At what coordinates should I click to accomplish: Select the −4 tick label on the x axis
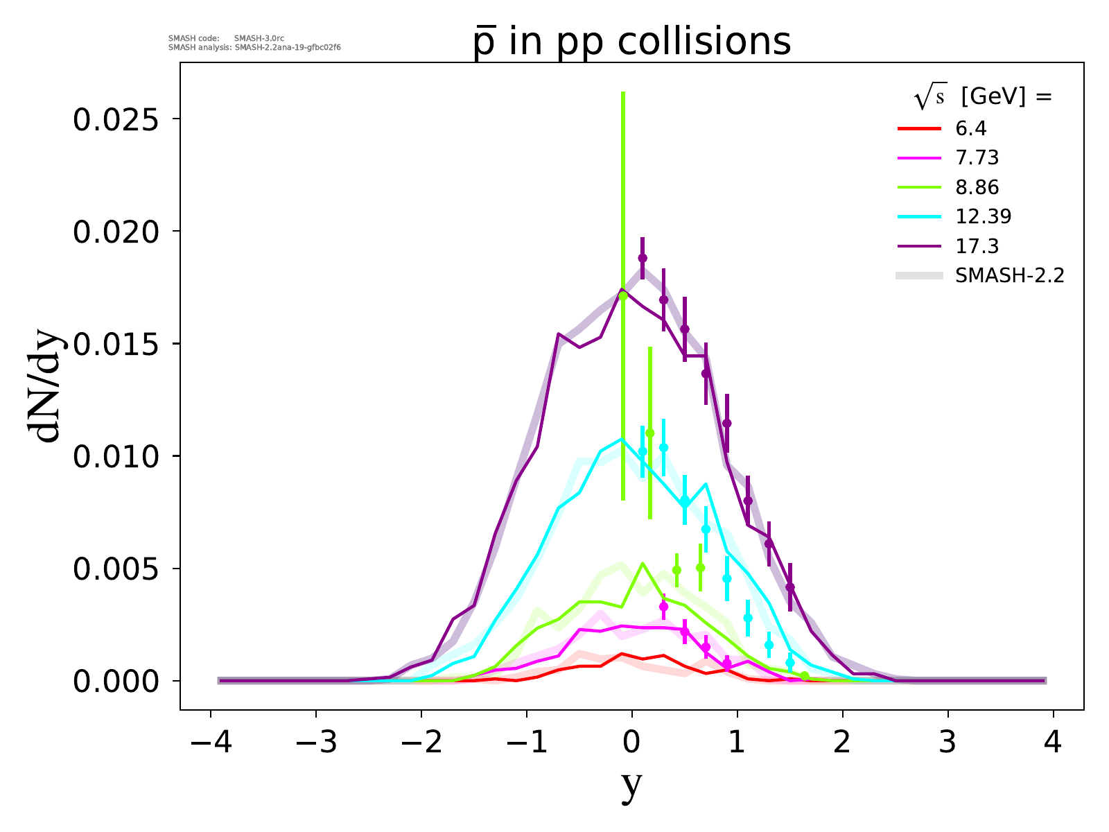click(x=211, y=744)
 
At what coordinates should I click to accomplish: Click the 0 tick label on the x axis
click(x=631, y=744)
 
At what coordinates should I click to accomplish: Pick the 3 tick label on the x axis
click(x=948, y=744)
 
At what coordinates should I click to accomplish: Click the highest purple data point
click(x=643, y=258)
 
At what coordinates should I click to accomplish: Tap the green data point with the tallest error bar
click(x=623, y=296)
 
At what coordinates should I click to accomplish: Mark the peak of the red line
click(x=622, y=653)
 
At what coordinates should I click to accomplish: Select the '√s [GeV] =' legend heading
click(x=983, y=98)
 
